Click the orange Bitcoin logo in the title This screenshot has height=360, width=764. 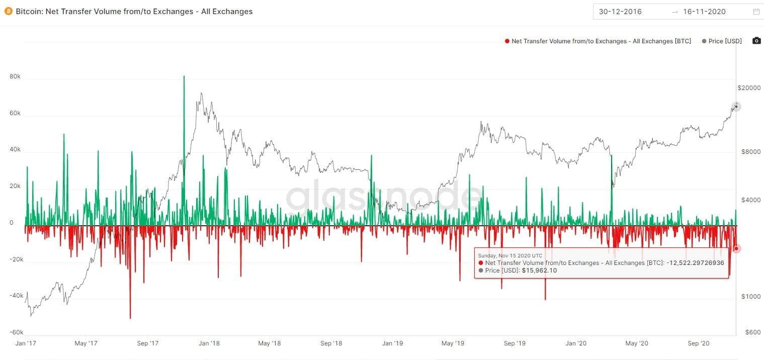click(x=8, y=11)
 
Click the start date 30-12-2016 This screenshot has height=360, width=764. click(x=620, y=12)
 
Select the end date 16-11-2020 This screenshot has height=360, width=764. click(x=704, y=12)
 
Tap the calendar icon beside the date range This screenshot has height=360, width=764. click(x=756, y=12)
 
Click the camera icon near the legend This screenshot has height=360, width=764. click(x=756, y=41)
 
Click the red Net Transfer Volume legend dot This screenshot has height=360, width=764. click(x=507, y=41)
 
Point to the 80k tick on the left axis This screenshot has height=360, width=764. click(x=15, y=77)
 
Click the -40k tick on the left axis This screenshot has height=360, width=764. click(x=17, y=296)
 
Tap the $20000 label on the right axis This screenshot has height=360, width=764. click(x=749, y=88)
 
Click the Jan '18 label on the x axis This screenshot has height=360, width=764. click(x=209, y=343)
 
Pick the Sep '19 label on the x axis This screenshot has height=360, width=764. click(x=515, y=343)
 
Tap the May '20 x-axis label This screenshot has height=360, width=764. click(x=637, y=343)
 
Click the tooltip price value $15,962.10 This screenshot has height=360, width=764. click(x=539, y=271)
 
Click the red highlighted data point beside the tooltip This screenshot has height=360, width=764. click(x=736, y=248)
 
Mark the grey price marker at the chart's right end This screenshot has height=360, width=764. click(x=736, y=106)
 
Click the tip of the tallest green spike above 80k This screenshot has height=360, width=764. click(x=184, y=76)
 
